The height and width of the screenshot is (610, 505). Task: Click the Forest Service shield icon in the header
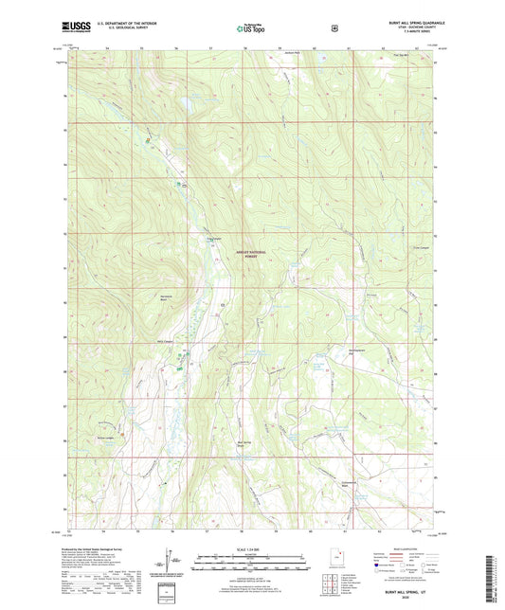(x=333, y=28)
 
